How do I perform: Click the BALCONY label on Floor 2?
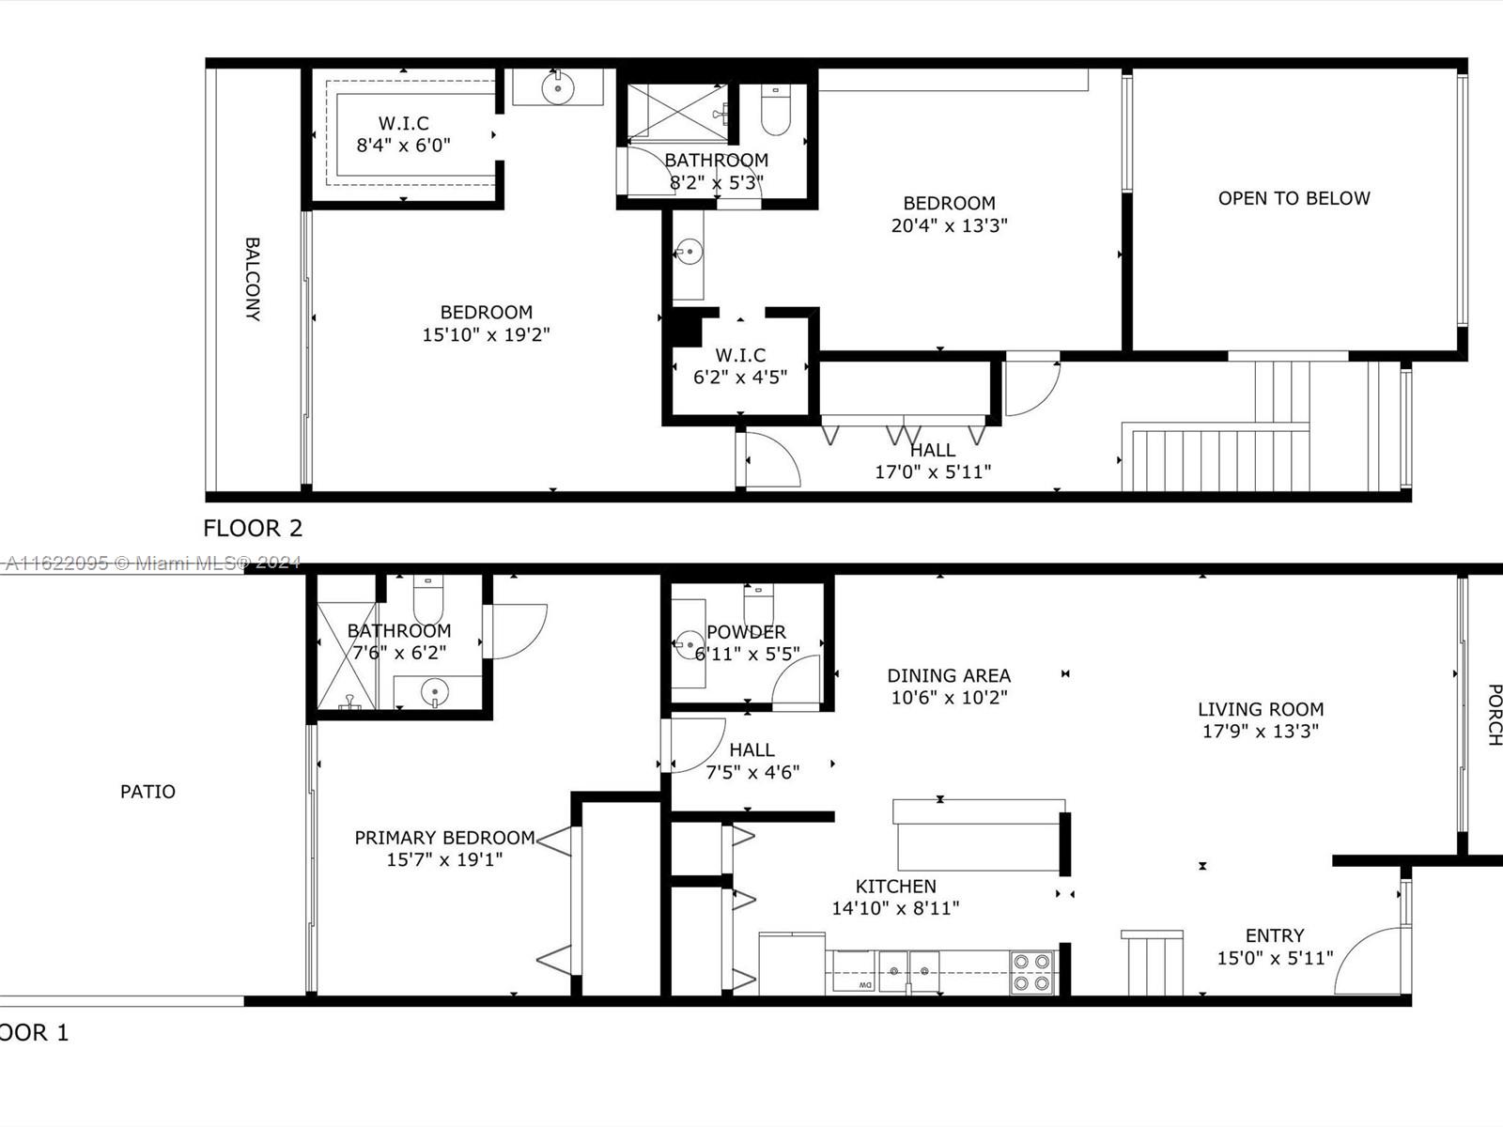(253, 279)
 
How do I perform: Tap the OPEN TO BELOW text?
(1294, 198)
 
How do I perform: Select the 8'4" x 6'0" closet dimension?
(403, 146)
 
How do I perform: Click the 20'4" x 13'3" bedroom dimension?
(949, 225)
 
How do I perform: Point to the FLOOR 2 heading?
(253, 528)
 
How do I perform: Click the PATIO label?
(147, 792)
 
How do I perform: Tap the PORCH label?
(1494, 715)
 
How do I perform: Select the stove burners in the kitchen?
(1031, 972)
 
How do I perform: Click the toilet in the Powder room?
(759, 600)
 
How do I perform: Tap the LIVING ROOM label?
(1261, 709)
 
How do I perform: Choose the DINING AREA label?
(949, 675)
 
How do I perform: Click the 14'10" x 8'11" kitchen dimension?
(895, 908)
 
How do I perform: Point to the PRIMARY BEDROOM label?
(444, 838)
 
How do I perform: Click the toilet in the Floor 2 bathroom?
(776, 110)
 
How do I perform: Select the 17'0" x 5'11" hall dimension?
(933, 471)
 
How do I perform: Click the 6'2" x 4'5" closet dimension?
(740, 377)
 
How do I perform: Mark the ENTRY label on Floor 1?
(1275, 935)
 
